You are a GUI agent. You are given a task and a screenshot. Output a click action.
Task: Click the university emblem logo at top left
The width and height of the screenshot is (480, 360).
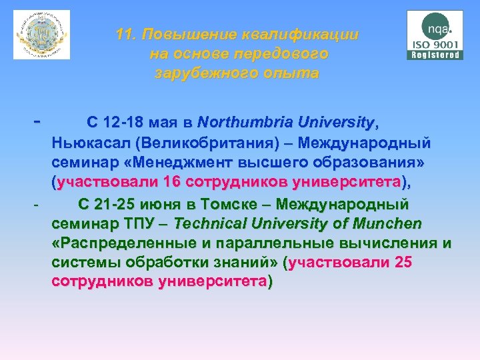point(41,35)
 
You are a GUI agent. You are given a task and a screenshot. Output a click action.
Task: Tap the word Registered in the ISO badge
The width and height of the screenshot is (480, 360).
point(435,55)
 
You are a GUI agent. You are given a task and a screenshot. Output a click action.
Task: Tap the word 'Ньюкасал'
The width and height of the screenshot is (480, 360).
point(91,143)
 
